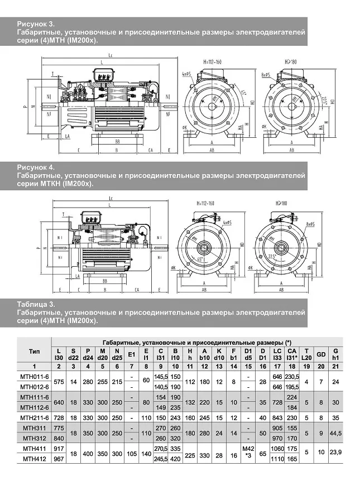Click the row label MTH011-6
(x=34, y=378)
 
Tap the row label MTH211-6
(x=34, y=417)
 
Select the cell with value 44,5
(x=335, y=432)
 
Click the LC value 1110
(x=277, y=458)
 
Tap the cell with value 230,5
(x=291, y=378)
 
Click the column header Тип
(x=34, y=352)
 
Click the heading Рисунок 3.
(x=36, y=25)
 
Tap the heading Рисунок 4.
(x=36, y=167)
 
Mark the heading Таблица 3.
(x=36, y=305)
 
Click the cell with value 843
(x=277, y=417)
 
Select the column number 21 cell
(x=335, y=366)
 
